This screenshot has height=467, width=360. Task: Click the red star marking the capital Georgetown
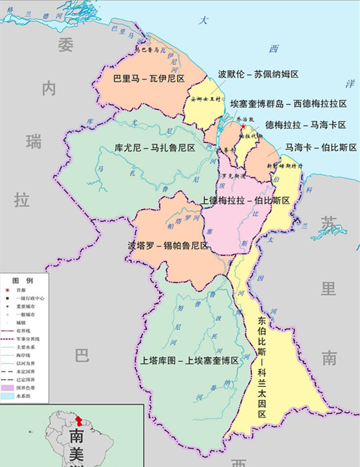(x=244, y=126)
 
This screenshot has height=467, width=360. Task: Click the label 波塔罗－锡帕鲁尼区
(x=168, y=246)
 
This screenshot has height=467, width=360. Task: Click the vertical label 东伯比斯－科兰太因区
(x=261, y=353)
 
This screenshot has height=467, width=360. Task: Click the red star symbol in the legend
(x=8, y=290)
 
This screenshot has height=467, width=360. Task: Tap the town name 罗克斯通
(x=234, y=176)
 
